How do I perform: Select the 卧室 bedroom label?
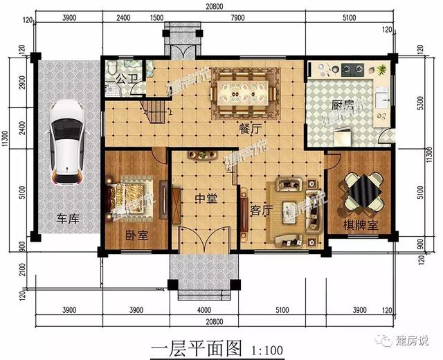(x=136, y=235)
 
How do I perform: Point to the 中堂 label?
(x=206, y=199)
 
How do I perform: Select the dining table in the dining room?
(x=244, y=91)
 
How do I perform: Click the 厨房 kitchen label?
(x=343, y=106)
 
